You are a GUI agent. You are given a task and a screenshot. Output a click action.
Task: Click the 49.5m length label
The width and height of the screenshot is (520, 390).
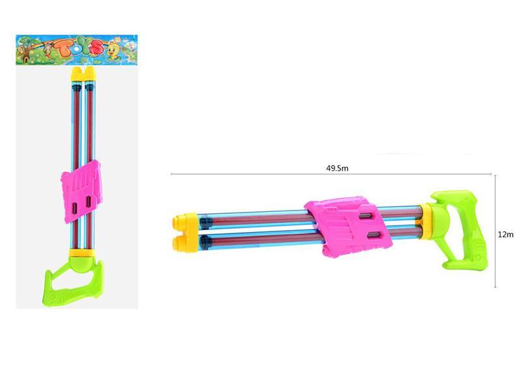pos(338,168)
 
